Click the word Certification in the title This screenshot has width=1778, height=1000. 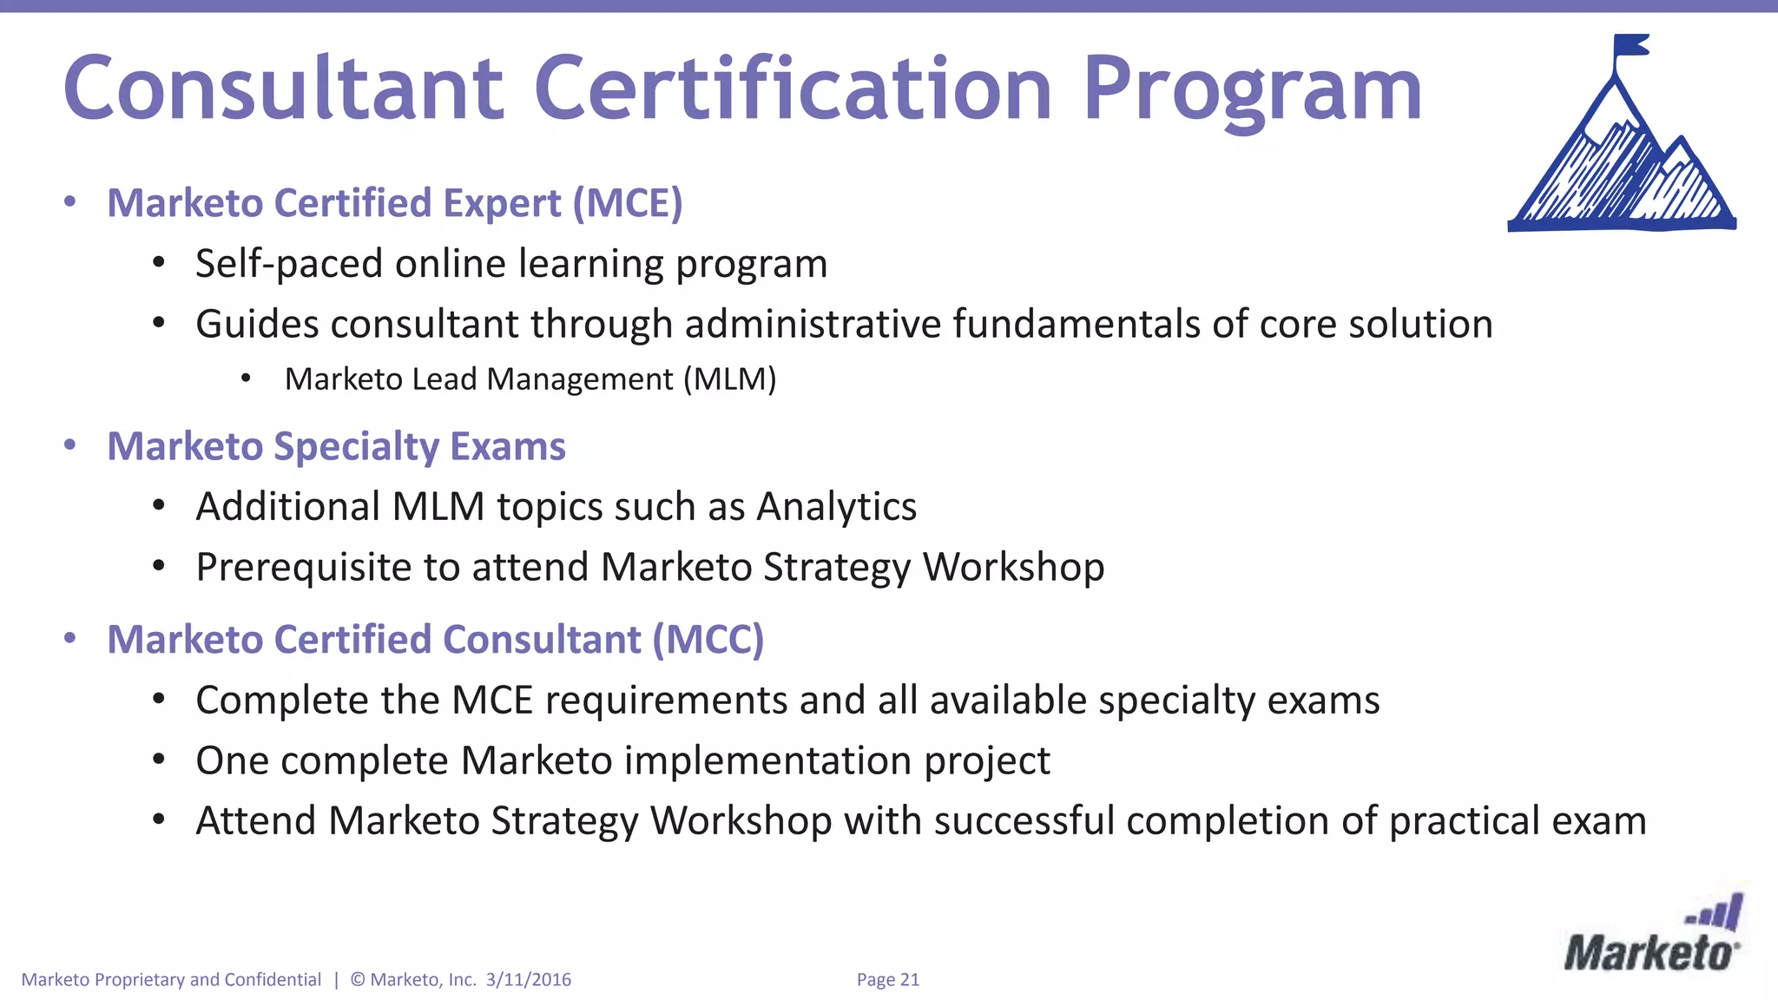792,89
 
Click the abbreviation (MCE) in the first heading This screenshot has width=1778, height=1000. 628,203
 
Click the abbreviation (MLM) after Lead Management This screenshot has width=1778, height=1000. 729,379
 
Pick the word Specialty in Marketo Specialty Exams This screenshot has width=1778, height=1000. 357,447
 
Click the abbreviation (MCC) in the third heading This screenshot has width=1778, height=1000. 708,640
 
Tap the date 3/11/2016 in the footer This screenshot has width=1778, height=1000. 529,980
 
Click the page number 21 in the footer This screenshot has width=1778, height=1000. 909,980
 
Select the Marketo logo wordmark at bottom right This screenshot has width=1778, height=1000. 1650,953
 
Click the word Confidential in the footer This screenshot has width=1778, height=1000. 273,980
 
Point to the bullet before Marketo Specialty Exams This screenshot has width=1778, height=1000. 70,445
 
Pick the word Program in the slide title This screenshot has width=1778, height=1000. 1252,90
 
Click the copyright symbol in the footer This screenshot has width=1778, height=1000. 358,980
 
